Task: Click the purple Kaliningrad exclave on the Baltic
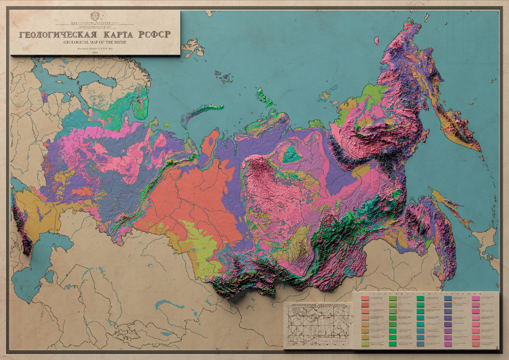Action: [x=45, y=98]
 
